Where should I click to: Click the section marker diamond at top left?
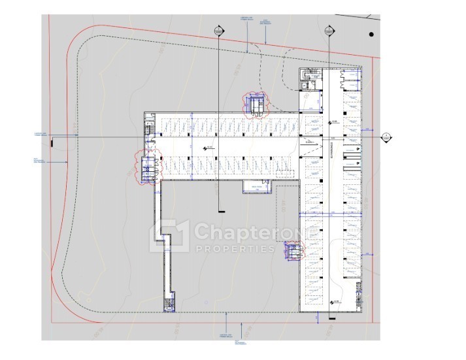[x=218, y=31]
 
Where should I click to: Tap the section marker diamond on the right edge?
[x=386, y=137]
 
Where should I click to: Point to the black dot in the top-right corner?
[x=371, y=34]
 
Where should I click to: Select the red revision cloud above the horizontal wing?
[x=256, y=104]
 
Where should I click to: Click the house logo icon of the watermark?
[x=171, y=237]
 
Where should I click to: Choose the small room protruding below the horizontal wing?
[x=256, y=188]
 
